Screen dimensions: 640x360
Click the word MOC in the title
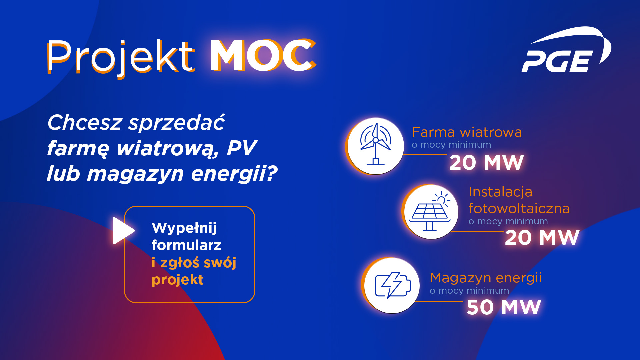pyautogui.click(x=263, y=56)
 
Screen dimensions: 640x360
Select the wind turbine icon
pyautogui.click(x=376, y=144)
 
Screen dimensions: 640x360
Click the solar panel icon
pyautogui.click(x=430, y=211)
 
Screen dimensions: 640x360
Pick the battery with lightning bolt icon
pyautogui.click(x=392, y=285)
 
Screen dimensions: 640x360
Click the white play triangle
pyautogui.click(x=123, y=231)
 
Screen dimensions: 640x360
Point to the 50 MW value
pyautogui.click(x=504, y=307)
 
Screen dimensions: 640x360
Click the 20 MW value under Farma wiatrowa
pyautogui.click(x=486, y=163)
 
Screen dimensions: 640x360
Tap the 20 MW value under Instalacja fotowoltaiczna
pyautogui.click(x=542, y=238)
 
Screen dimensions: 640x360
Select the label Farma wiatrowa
pyautogui.click(x=467, y=132)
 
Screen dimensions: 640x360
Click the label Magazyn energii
pyautogui.click(x=486, y=278)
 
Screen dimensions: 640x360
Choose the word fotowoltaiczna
pyautogui.click(x=519, y=208)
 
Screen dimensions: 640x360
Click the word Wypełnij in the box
pyautogui.click(x=184, y=228)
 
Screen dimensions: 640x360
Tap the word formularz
pyautogui.click(x=186, y=245)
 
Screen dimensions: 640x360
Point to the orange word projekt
pyautogui.click(x=177, y=280)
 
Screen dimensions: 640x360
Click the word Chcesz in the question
pyautogui.click(x=85, y=122)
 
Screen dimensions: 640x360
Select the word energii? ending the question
pyautogui.click(x=234, y=174)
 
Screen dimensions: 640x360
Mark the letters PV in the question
pyautogui.click(x=242, y=148)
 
